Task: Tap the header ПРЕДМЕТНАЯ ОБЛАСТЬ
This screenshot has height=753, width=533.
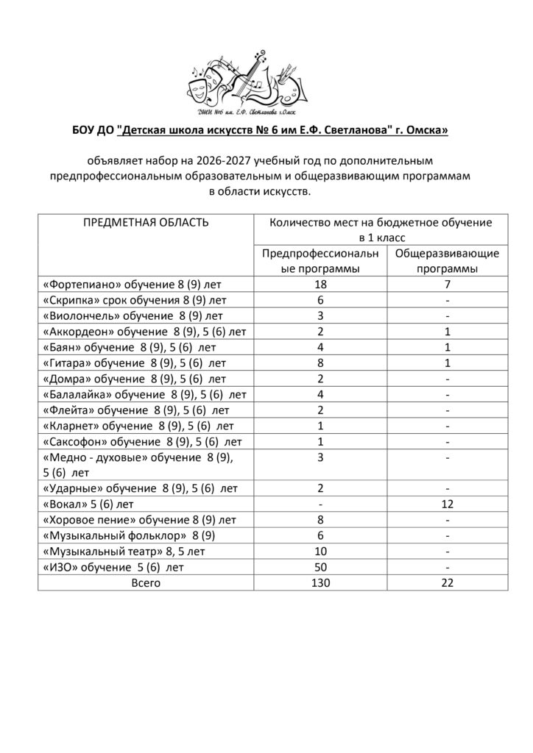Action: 146,222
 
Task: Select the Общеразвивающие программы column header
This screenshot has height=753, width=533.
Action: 446,261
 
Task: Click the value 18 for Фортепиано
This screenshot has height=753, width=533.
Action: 321,285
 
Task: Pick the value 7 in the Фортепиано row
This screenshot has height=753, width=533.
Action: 446,285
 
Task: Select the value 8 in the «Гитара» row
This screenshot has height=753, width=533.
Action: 321,363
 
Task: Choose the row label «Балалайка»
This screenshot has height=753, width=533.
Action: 141,394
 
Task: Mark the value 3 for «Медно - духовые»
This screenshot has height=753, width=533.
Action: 321,458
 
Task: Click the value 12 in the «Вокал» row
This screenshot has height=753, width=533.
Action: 446,504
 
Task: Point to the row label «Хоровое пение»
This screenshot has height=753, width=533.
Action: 139,521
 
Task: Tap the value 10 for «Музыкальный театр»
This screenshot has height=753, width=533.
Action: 321,552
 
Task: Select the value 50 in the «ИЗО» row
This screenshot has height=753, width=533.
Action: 321,567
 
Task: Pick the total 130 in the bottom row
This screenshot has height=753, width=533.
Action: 321,582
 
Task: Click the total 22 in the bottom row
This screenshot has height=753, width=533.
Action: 446,582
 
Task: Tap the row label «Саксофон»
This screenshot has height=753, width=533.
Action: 142,442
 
